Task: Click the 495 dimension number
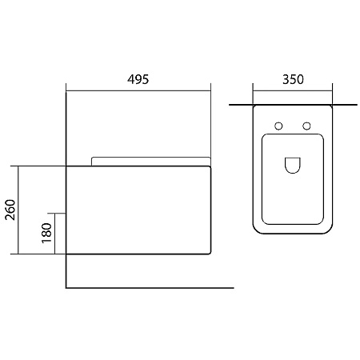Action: pos(138,79)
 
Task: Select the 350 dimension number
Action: pos(293,79)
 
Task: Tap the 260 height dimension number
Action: pos(10,210)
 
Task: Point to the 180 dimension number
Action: pos(46,233)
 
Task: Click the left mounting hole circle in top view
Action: pos(278,126)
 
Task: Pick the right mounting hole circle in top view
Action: pos(306,126)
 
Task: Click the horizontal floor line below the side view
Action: pos(150,288)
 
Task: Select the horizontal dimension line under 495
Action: pos(138,90)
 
